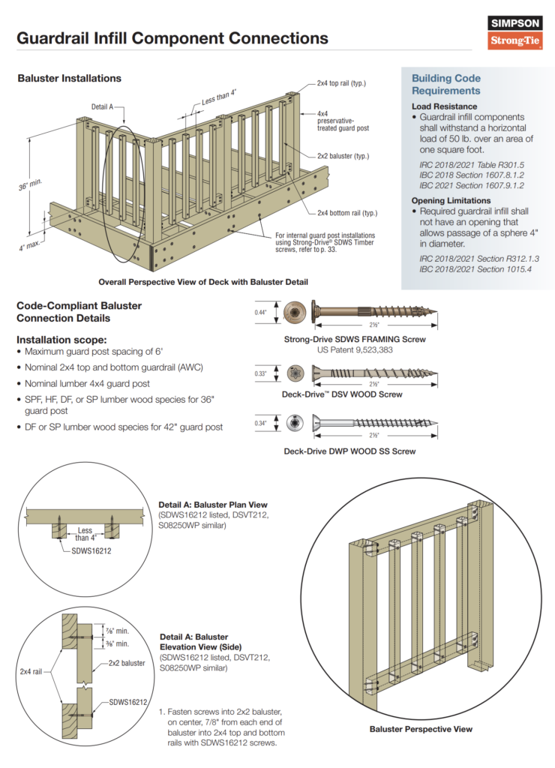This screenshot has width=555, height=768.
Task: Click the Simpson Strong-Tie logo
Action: coord(515,33)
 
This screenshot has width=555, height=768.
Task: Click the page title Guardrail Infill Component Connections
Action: coord(172,38)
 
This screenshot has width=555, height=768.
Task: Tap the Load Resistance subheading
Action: coord(444,106)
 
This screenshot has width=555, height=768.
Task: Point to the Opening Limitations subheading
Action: coord(451,200)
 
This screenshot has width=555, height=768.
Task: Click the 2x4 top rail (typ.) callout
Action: coord(341,82)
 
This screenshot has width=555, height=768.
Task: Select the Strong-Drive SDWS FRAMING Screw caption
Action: coord(355,339)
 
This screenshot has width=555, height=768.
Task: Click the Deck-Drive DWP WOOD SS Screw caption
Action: coord(349,451)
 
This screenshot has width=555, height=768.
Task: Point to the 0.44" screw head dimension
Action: coord(260,311)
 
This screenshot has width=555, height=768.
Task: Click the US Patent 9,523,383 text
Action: coord(355,350)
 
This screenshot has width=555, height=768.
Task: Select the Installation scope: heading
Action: coord(61,339)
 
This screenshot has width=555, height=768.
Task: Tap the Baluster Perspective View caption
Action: coord(421,728)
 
